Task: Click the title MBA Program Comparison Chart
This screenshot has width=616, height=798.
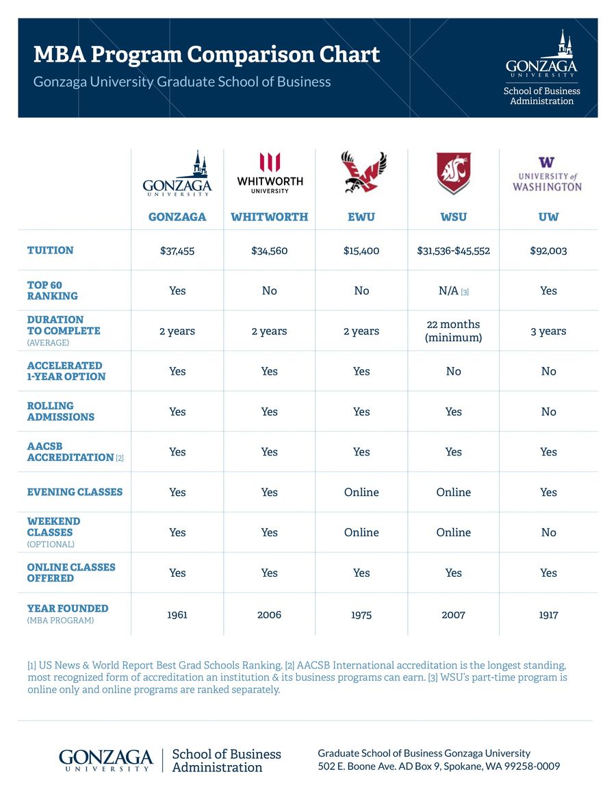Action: pos(206,54)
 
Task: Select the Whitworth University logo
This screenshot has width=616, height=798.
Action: pos(270,173)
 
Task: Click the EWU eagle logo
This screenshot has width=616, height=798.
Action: pos(362,173)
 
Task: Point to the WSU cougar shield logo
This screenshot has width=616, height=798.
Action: pos(454,173)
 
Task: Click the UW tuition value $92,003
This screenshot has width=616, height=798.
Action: pos(548,251)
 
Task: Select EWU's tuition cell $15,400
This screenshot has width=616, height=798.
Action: pos(361,251)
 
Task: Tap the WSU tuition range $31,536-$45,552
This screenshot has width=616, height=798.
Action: pos(453,251)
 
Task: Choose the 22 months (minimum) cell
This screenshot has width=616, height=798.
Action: pos(453,331)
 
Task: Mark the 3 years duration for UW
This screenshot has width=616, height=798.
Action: pos(548,332)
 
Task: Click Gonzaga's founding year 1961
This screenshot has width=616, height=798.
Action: pos(177,614)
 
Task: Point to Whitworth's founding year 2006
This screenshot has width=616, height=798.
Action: pos(269,614)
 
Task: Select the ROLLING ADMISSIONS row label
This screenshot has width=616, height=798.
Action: pos(61,411)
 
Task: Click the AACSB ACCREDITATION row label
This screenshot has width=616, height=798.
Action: pos(70,451)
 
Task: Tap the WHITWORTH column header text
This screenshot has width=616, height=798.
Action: pos(269,217)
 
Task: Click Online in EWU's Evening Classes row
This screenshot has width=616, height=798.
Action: pos(361,492)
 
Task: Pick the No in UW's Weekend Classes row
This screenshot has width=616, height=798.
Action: pos(548,532)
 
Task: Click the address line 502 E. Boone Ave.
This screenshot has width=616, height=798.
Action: pos(439,766)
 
